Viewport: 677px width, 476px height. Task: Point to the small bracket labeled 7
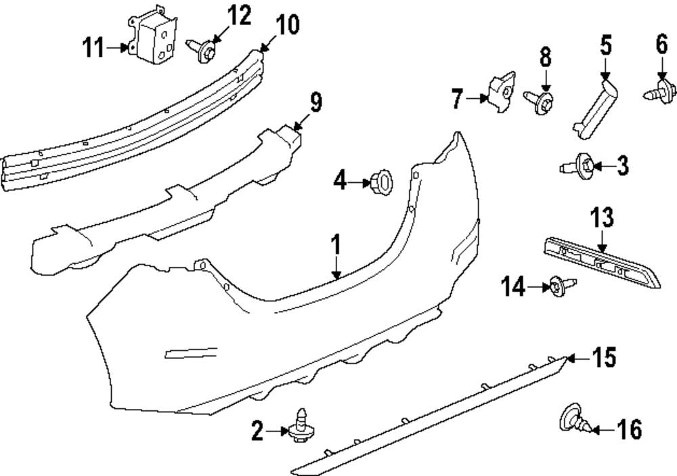point(502,94)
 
